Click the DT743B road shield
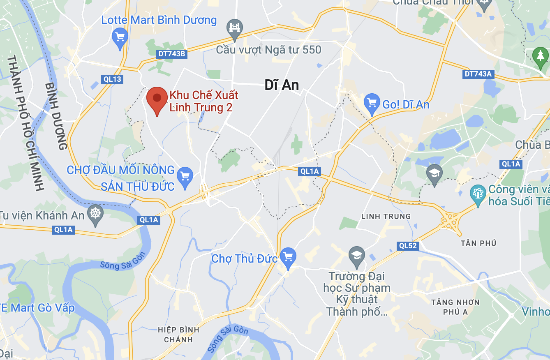pos(172,54)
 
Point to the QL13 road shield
pos(112,79)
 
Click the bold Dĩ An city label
pos(282,85)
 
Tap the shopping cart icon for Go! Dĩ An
pos(372,104)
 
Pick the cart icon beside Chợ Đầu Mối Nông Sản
pos(185,177)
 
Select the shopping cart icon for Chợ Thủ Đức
pos(288,257)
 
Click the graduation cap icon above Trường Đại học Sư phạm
pos(356,256)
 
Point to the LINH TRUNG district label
pos(386,216)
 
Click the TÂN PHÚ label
pos(478,243)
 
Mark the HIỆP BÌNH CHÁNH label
pos(178,335)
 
